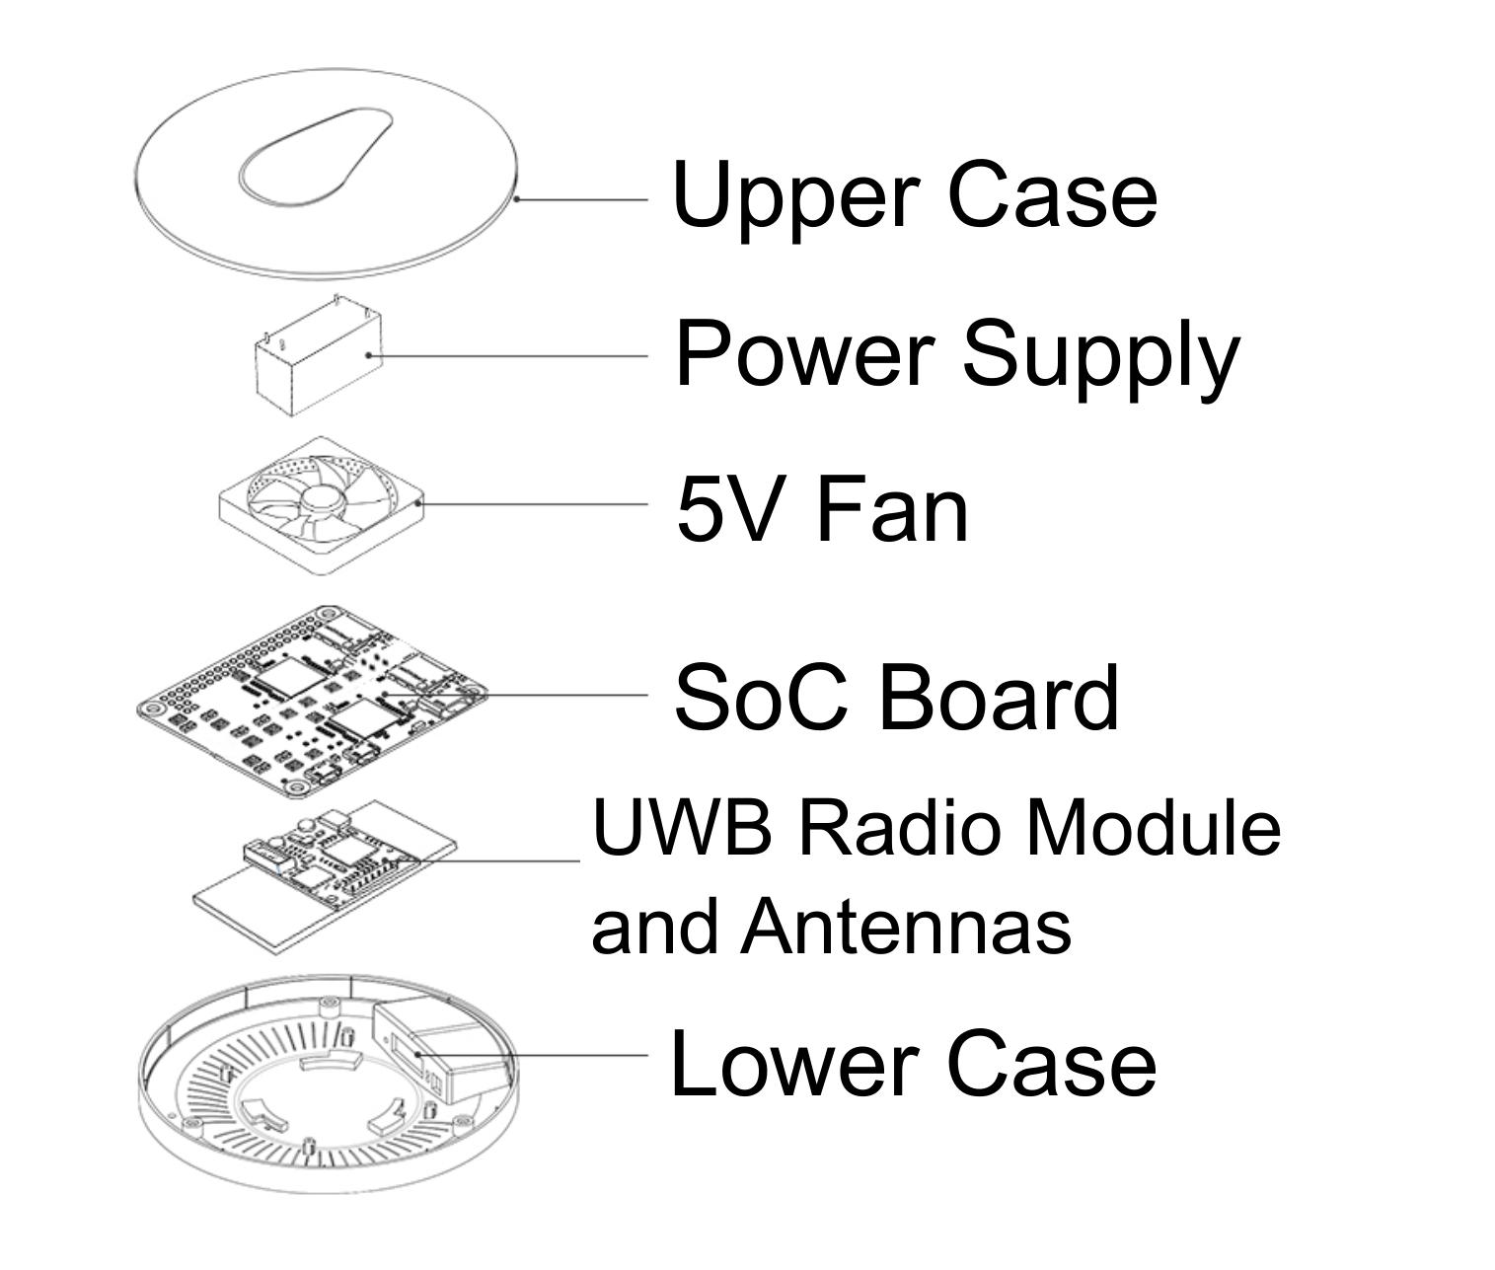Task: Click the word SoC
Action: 761,698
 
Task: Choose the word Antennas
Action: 906,927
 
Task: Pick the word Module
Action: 1153,827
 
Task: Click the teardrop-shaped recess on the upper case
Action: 316,156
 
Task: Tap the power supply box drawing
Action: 318,356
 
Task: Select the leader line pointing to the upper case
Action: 581,199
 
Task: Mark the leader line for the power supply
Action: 508,355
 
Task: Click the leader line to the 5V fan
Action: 533,504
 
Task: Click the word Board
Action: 999,698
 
